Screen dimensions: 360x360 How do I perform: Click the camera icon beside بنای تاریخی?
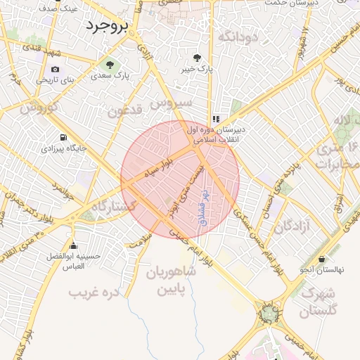pyautogui.click(x=56, y=70)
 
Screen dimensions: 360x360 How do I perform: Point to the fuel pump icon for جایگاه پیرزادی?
pyautogui.click(x=64, y=138)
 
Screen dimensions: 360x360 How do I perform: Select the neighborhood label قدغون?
pyautogui.click(x=127, y=110)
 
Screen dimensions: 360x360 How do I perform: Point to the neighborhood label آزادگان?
pyautogui.click(x=292, y=226)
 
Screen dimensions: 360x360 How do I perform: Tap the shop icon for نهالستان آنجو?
pyautogui.click(x=322, y=259)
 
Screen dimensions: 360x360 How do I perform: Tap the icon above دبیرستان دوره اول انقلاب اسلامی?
pyautogui.click(x=216, y=120)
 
